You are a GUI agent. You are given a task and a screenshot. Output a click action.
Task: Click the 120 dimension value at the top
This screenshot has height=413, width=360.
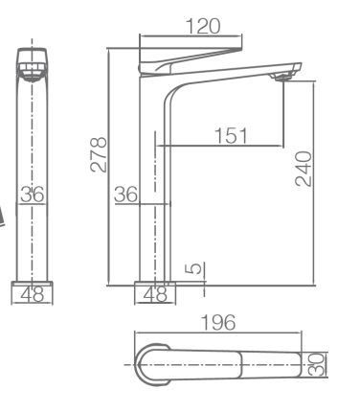click(x=203, y=26)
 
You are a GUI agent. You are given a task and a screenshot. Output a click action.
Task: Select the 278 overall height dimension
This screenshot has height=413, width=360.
click(x=99, y=154)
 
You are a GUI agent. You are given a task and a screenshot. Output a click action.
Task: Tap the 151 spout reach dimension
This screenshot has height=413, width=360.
click(x=231, y=135)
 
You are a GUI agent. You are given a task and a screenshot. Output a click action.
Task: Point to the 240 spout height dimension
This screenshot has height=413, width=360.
click(x=304, y=169)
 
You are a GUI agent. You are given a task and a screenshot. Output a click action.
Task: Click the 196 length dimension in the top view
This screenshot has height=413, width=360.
click(x=218, y=323)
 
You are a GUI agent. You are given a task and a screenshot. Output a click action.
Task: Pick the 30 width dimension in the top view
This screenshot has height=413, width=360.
click(x=317, y=365)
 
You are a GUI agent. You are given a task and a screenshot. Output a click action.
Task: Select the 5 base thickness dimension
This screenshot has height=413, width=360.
click(x=193, y=268)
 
